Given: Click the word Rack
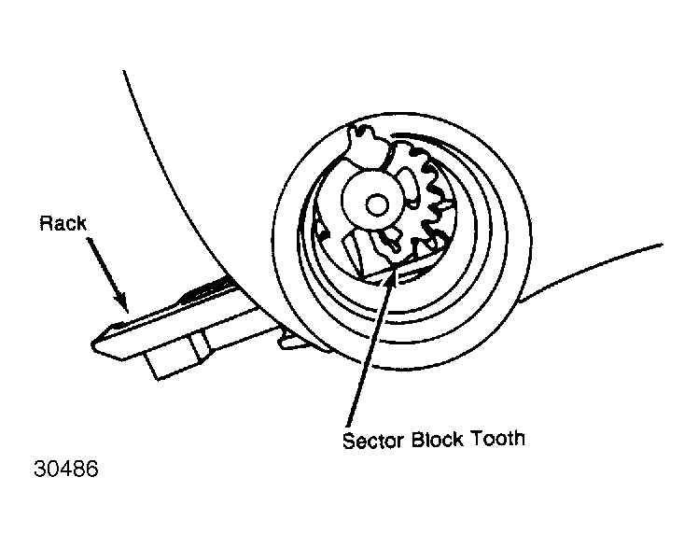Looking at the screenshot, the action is point(63,223).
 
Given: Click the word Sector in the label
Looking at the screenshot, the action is point(373,441).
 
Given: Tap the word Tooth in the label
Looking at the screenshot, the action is point(498,439).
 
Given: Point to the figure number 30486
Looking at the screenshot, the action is point(66,469).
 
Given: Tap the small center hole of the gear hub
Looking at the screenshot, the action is point(377,205).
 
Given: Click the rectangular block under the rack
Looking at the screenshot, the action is point(178,356).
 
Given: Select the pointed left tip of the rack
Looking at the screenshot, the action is point(93,344).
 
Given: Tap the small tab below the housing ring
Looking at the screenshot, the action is point(294,342).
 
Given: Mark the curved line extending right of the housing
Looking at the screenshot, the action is point(591,271).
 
